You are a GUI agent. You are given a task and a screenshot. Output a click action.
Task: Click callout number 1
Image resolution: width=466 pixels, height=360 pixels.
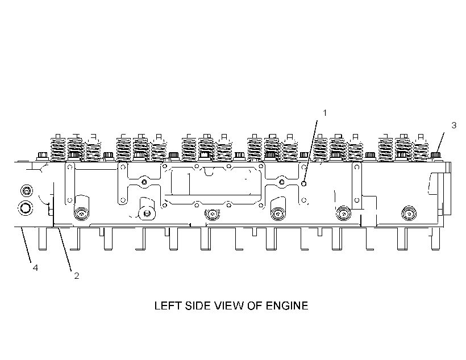[324, 113]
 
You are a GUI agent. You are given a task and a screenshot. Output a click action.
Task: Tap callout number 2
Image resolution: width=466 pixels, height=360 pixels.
[76, 276]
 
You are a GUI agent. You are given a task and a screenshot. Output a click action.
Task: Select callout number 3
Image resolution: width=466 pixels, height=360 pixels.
[453, 125]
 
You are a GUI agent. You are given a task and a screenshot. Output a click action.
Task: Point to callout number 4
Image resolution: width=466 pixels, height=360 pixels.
[35, 268]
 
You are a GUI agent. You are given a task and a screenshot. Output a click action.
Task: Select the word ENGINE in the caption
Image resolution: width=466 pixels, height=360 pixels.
[287, 305]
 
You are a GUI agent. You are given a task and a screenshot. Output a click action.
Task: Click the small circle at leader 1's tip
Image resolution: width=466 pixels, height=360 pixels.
[303, 184]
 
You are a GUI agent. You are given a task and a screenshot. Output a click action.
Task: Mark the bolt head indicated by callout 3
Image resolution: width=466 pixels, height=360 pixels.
[435, 155]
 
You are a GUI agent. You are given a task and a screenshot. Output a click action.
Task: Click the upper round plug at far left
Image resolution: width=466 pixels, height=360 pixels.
[27, 190]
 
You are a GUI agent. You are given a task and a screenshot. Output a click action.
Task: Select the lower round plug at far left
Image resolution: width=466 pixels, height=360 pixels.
[26, 207]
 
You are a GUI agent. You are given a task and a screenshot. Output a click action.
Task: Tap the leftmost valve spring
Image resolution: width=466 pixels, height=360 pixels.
[58, 148]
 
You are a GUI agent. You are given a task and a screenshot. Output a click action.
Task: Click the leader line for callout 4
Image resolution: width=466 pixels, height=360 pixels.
[26, 245]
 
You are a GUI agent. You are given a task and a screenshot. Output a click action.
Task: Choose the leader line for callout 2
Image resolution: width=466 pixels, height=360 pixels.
[65, 249]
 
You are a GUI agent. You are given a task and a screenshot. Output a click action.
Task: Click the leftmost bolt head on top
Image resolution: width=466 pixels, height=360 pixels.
[43, 156]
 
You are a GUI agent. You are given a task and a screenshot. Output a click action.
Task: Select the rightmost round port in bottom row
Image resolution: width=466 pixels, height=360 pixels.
[409, 214]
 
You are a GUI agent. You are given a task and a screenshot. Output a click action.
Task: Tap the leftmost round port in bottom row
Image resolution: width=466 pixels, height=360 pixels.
[81, 214]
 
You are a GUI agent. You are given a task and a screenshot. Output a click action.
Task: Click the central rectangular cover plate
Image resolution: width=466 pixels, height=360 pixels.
[213, 185]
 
